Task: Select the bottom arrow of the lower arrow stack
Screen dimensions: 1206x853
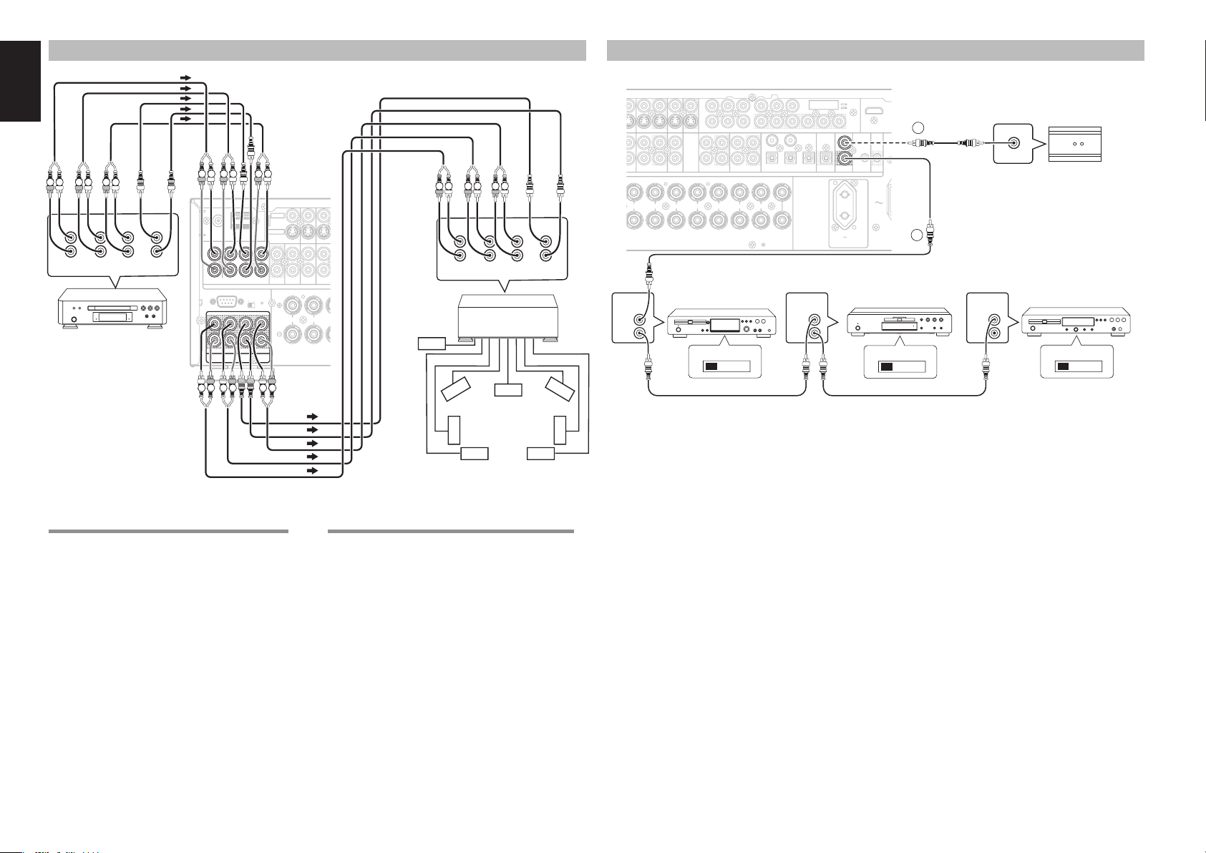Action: (x=311, y=471)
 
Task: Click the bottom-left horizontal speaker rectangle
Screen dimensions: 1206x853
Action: (x=474, y=454)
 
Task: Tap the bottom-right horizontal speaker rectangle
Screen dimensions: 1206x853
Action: (x=540, y=454)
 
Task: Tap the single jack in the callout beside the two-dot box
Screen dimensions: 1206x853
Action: (x=1014, y=142)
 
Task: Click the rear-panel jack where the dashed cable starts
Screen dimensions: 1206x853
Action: (x=847, y=142)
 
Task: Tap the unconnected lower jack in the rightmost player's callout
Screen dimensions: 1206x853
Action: (x=993, y=334)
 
